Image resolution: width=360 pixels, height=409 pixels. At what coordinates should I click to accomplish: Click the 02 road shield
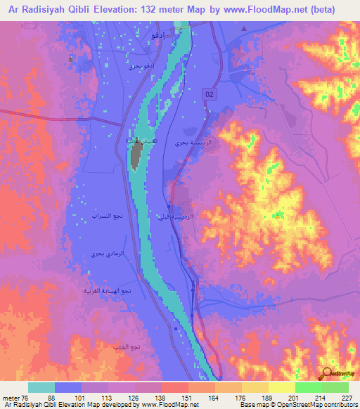[210, 94]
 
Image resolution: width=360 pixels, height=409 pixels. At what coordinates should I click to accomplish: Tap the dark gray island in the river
[135, 156]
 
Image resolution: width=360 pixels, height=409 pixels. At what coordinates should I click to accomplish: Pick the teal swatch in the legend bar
[41, 387]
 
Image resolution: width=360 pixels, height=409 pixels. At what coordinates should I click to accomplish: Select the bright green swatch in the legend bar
[308, 387]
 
